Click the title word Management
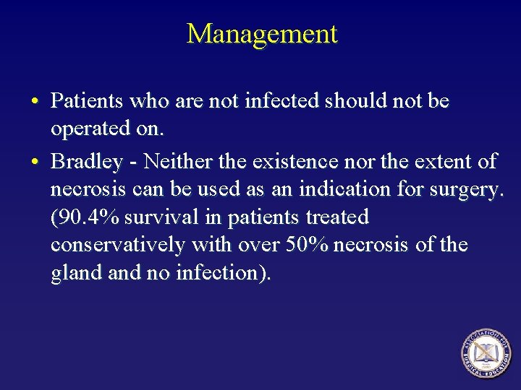click(261, 34)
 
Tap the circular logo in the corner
click(486, 353)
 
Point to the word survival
click(153, 217)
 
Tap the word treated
click(336, 217)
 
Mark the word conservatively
click(117, 246)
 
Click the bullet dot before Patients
click(35, 102)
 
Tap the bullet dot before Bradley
click(35, 160)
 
